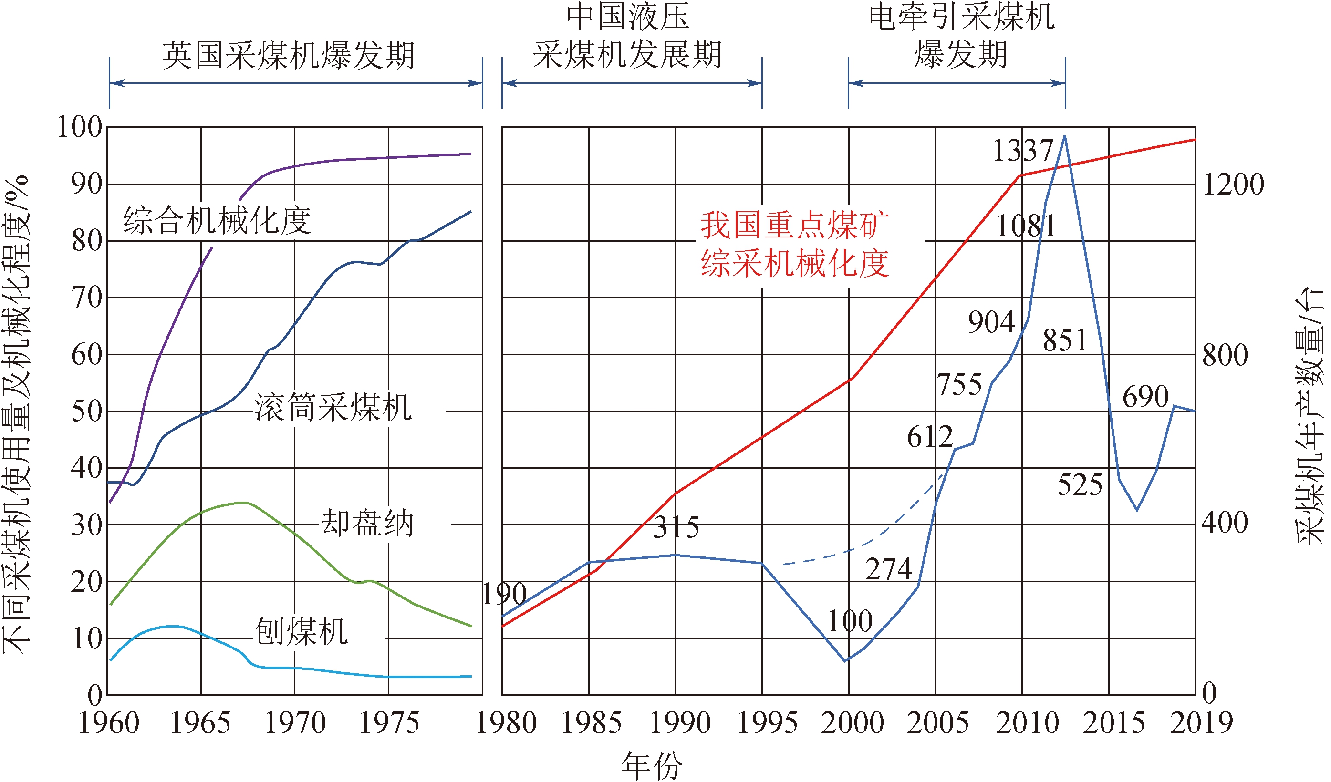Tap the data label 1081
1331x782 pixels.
[x=1025, y=226]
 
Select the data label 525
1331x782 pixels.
[x=1080, y=485]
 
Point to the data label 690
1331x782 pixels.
[x=1145, y=397]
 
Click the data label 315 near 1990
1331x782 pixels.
[x=676, y=527]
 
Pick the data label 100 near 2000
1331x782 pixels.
[x=849, y=621]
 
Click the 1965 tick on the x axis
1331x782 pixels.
[x=200, y=723]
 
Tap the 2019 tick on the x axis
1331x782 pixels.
[x=1201, y=723]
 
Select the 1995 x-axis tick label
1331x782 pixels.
[x=767, y=723]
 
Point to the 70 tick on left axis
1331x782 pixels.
[x=87, y=298]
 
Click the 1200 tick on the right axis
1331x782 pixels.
[x=1233, y=185]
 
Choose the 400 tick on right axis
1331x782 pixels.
[x=1224, y=523]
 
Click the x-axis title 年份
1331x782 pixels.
[x=652, y=766]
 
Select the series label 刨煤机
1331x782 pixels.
[x=301, y=631]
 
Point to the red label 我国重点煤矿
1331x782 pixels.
[x=794, y=225]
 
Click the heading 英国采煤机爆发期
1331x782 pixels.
[x=288, y=55]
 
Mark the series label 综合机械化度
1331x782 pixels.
[x=217, y=221]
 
